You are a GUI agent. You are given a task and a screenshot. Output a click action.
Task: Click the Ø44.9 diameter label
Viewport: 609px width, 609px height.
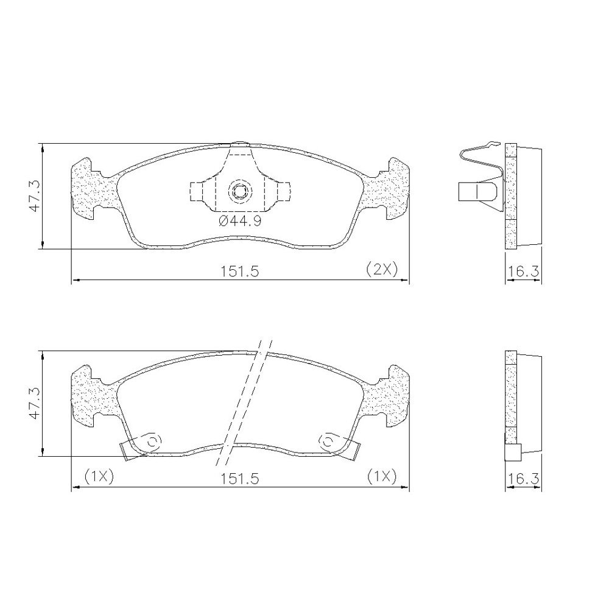click(x=240, y=222)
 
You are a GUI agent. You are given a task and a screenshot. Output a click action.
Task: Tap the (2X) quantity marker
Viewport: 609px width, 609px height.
click(x=382, y=269)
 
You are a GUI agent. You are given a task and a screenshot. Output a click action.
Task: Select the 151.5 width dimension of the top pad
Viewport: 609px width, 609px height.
click(x=239, y=271)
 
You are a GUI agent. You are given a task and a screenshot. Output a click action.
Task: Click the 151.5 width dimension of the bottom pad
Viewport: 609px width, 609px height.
click(x=239, y=479)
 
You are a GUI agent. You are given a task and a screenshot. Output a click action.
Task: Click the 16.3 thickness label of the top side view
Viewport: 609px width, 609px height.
click(x=524, y=271)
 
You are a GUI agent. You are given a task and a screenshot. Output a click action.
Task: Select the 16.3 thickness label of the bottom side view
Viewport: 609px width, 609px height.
click(x=524, y=479)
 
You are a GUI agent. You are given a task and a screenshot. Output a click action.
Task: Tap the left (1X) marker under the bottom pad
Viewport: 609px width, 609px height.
click(x=98, y=476)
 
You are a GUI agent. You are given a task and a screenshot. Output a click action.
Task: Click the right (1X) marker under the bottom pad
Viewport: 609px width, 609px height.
click(x=382, y=476)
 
